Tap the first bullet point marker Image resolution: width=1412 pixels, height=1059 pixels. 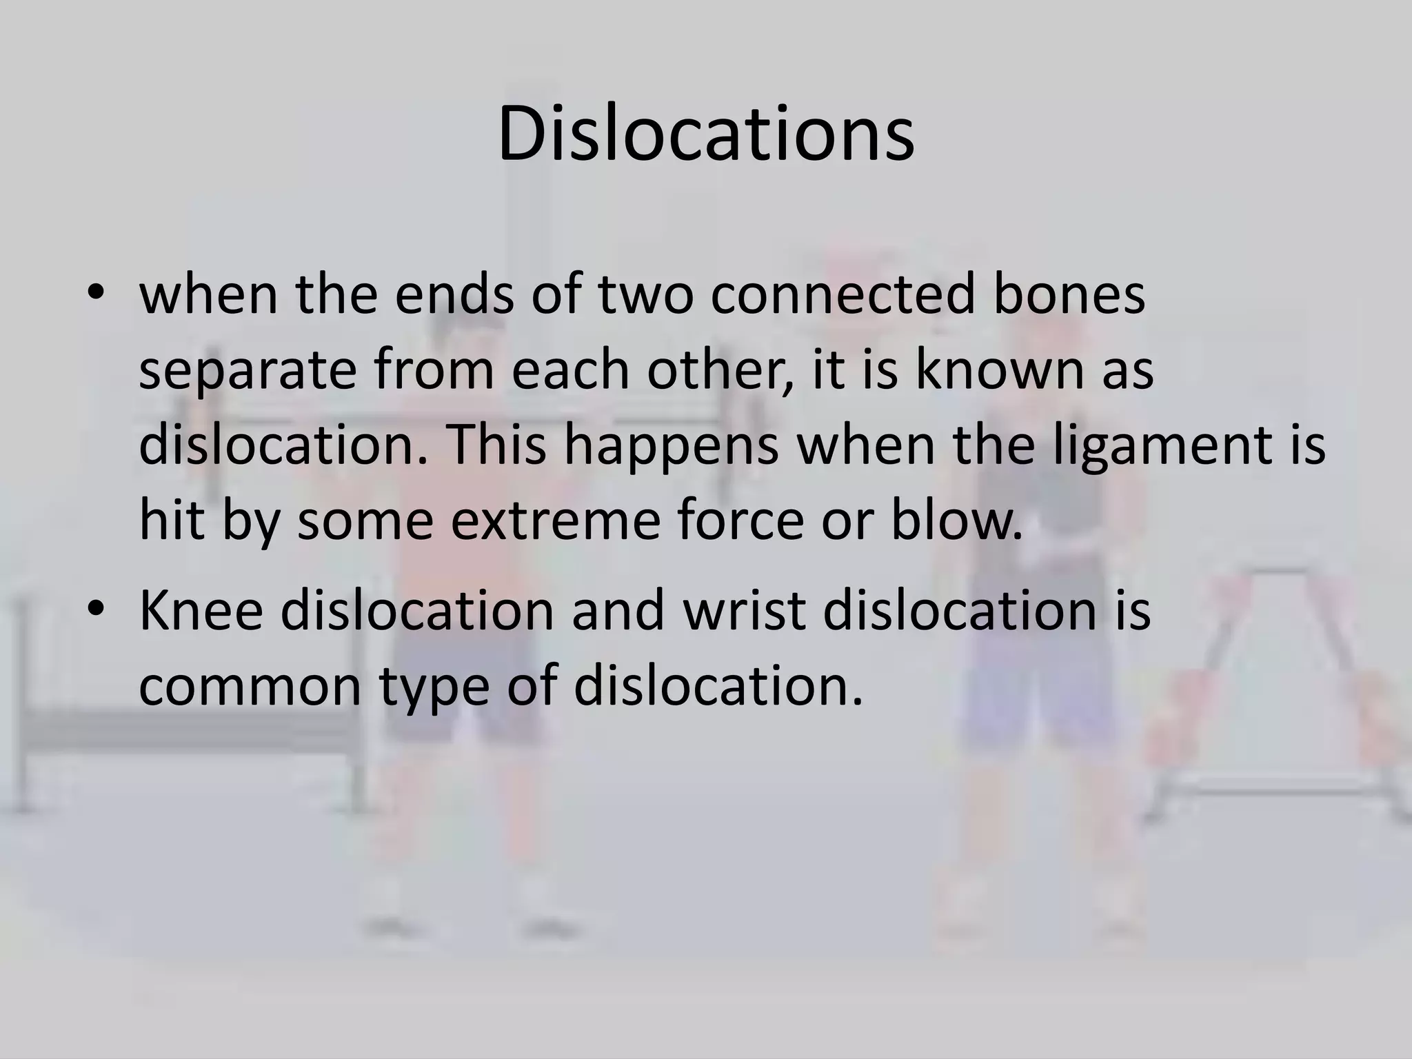click(96, 294)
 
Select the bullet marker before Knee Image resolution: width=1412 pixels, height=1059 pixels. click(96, 609)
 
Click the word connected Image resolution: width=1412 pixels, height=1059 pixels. click(843, 294)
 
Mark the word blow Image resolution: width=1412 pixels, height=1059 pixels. click(956, 521)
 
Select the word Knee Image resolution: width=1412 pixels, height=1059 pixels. click(201, 609)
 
